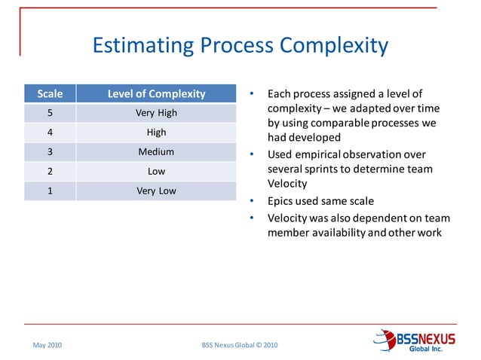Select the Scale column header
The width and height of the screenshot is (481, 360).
pos(50,94)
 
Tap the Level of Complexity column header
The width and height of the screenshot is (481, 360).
pos(156,94)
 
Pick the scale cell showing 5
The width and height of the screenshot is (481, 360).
pos(50,114)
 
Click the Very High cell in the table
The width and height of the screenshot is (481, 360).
pos(156,114)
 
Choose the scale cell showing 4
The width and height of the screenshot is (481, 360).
pos(50,133)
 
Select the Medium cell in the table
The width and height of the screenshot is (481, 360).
pos(156,151)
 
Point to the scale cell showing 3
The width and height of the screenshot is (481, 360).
pos(50,151)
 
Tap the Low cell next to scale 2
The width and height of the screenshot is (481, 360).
pos(156,171)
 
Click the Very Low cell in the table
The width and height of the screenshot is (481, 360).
pos(156,191)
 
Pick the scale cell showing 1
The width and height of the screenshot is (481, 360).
pos(50,191)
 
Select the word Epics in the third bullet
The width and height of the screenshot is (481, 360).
pos(282,201)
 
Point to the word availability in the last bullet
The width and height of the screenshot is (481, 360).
pos(336,232)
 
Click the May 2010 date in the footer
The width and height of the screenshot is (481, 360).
pos(47,345)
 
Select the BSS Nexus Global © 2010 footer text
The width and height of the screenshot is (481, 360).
pos(240,345)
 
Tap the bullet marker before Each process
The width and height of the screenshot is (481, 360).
pos(253,94)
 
